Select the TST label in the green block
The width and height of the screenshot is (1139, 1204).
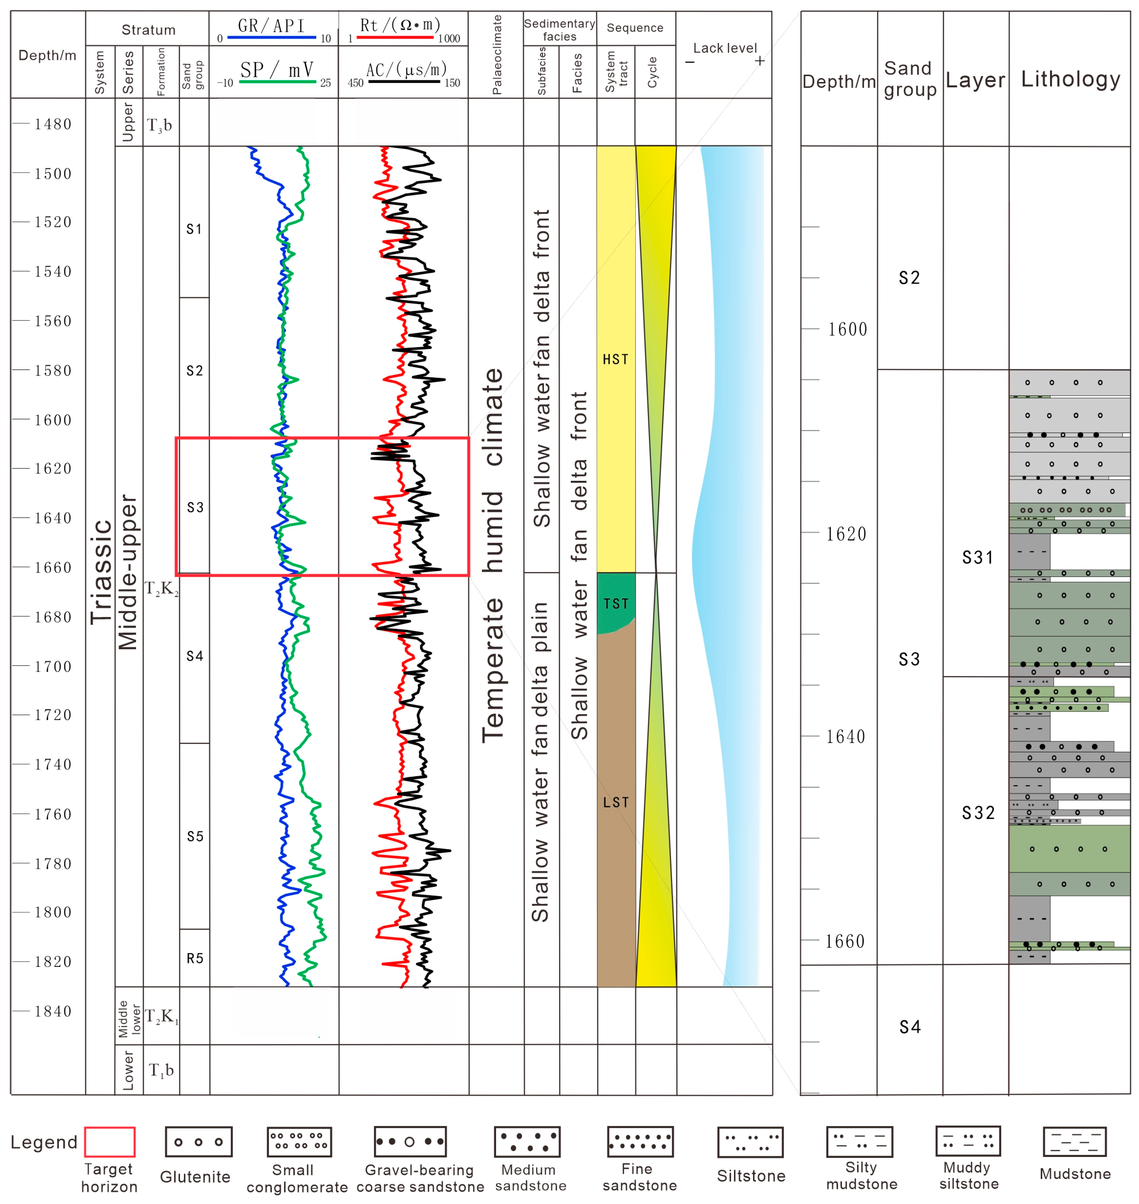[616, 604]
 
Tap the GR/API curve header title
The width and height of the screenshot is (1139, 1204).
[271, 25]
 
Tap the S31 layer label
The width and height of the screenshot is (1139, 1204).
[978, 557]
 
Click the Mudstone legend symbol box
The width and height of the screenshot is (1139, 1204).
[1075, 1142]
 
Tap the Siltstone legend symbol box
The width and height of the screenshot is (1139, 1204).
[750, 1142]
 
